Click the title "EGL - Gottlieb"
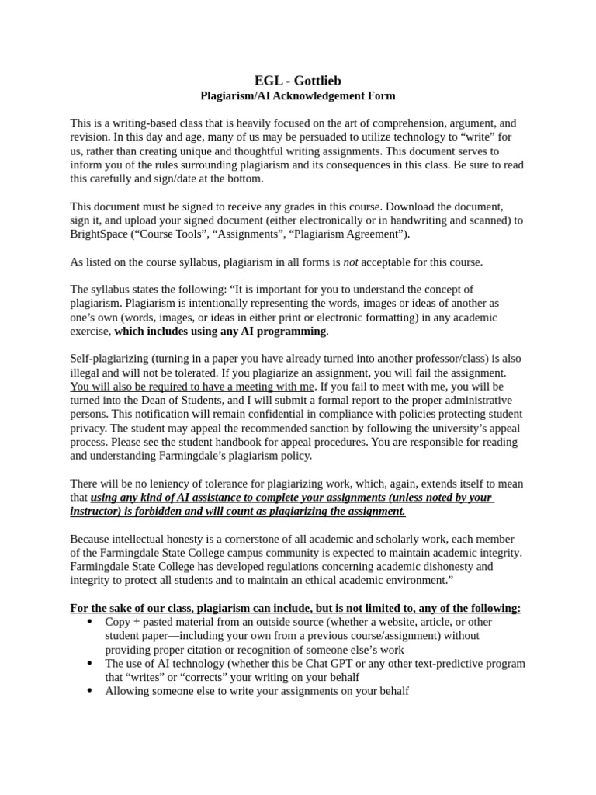(297, 81)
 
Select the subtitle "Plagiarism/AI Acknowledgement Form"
(297, 96)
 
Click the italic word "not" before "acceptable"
(351, 262)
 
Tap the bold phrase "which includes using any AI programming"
(220, 331)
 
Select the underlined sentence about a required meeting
(192, 386)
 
